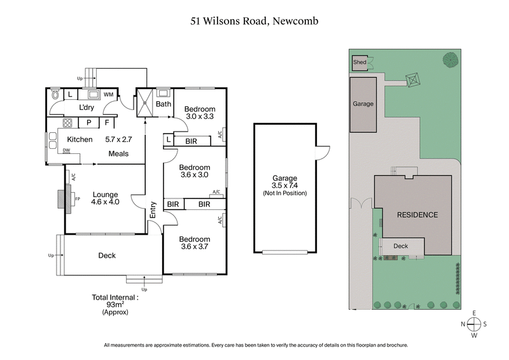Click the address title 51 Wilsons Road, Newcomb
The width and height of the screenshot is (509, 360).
click(254, 21)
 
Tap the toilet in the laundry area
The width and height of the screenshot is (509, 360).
click(56, 95)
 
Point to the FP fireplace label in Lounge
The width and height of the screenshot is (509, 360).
click(78, 198)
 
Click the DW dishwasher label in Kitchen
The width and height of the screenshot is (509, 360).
click(66, 150)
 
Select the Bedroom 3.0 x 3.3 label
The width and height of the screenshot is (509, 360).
click(200, 113)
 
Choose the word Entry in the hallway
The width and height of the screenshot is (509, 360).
click(153, 211)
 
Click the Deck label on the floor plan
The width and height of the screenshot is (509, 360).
click(107, 256)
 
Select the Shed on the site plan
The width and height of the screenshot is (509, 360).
click(360, 62)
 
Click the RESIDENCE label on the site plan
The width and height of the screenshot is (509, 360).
click(417, 215)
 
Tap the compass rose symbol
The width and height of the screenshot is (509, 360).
click(474, 324)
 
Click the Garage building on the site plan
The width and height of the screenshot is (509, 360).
click(364, 105)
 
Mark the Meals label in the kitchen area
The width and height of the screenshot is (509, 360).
click(118, 153)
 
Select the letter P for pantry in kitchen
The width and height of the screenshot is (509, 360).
click(88, 122)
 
